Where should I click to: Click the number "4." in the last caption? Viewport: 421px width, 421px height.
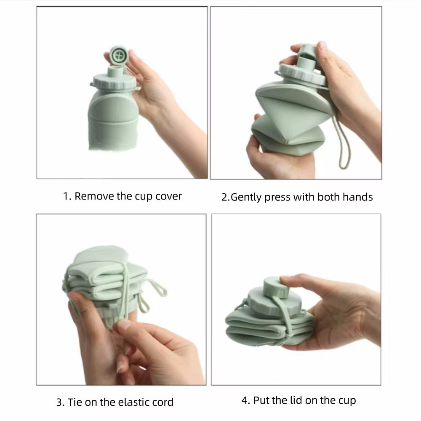click(246, 400)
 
